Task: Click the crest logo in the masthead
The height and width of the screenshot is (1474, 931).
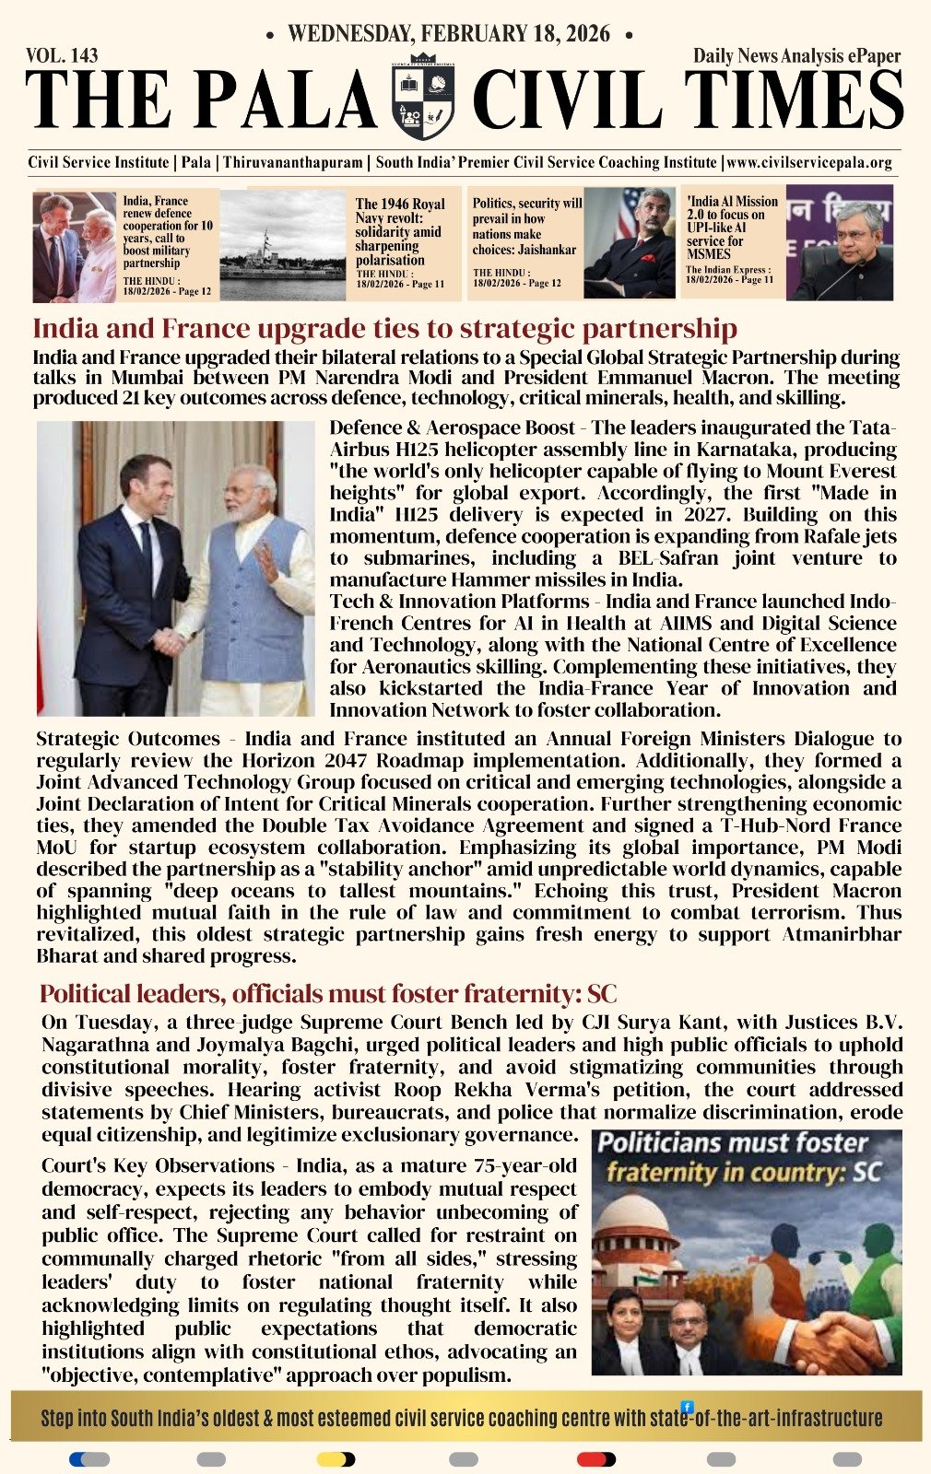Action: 424,96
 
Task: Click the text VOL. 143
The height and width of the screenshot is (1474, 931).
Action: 63,56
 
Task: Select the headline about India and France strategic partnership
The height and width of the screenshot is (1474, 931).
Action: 384,329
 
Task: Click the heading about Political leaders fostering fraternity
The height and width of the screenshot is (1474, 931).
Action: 328,994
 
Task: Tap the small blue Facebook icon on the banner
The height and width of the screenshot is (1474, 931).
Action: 687,1407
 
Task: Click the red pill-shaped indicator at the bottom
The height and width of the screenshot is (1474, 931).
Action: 596,1459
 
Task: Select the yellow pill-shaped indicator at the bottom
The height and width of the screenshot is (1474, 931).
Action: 336,1459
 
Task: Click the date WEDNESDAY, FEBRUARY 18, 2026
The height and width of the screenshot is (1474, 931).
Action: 448,34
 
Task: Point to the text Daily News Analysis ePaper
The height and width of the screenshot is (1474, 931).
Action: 796,56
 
